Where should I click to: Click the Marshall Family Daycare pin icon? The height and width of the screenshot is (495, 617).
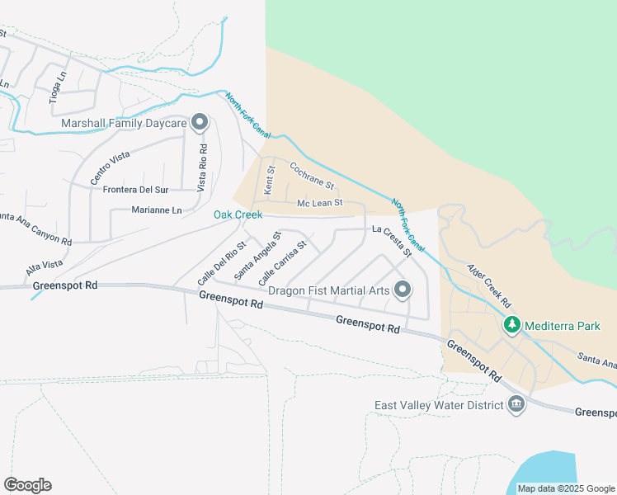click(x=199, y=123)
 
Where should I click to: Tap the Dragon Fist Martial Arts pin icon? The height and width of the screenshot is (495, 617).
click(x=403, y=290)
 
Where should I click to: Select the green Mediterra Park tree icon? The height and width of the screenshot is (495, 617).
click(x=512, y=326)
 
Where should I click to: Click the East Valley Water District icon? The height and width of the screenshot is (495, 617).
click(x=516, y=404)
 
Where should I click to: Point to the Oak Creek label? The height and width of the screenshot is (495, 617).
click(x=238, y=215)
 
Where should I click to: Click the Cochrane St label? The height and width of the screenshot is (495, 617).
click(x=311, y=174)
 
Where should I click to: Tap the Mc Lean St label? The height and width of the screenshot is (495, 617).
click(x=319, y=203)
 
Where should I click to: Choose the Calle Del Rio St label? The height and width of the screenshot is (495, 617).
click(x=222, y=263)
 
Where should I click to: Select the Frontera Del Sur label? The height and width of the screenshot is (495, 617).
click(x=135, y=189)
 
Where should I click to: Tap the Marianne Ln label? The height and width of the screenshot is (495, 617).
click(x=156, y=210)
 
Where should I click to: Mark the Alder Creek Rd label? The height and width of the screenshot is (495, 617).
click(x=490, y=286)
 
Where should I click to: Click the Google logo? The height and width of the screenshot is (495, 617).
click(x=27, y=484)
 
